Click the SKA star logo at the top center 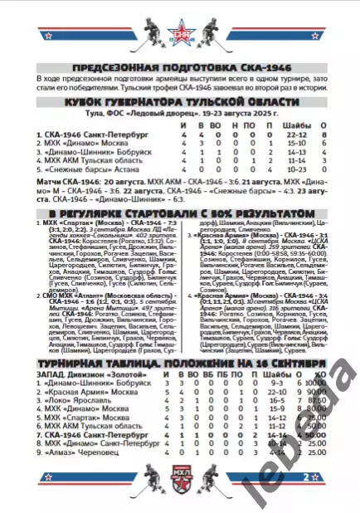(180, 36)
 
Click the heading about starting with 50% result (180, 213)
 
